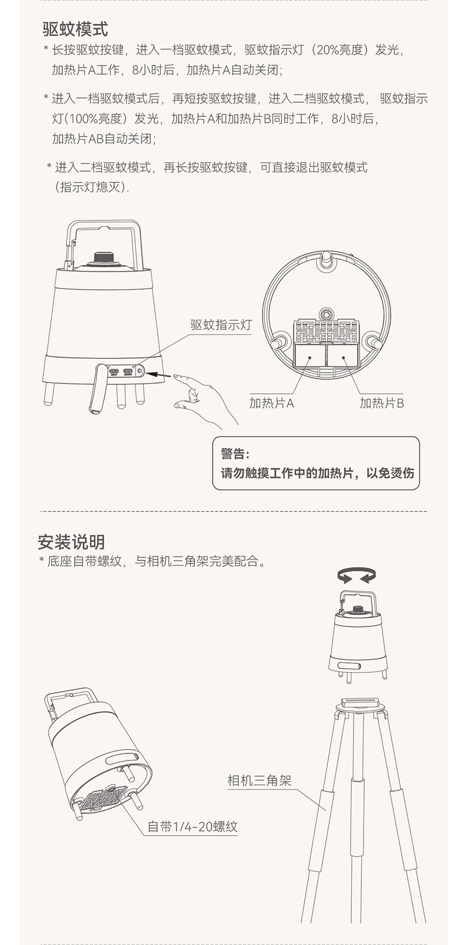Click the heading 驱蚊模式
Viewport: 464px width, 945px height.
(75, 29)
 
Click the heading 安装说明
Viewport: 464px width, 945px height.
(71, 541)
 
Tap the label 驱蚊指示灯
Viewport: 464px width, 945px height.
(220, 325)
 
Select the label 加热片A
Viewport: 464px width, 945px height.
(271, 403)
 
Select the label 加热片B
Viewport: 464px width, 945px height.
(382, 403)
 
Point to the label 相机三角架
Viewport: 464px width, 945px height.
(259, 780)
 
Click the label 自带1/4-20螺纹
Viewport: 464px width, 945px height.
(192, 826)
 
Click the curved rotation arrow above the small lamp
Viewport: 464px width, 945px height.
(357, 574)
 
